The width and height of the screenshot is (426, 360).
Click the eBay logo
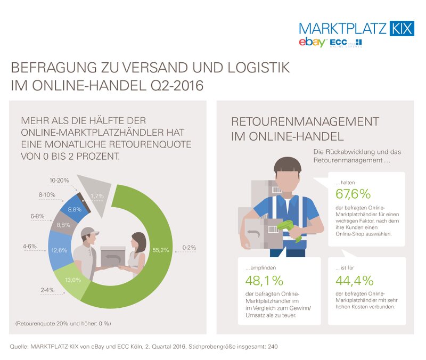[312, 42]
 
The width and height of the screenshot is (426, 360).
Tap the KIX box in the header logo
[401, 28]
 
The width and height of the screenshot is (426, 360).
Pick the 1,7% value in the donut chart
[97, 196]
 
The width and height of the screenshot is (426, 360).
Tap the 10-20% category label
[59, 181]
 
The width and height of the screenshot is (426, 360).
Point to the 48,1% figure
[265, 281]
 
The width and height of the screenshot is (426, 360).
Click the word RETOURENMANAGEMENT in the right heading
[305, 121]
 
